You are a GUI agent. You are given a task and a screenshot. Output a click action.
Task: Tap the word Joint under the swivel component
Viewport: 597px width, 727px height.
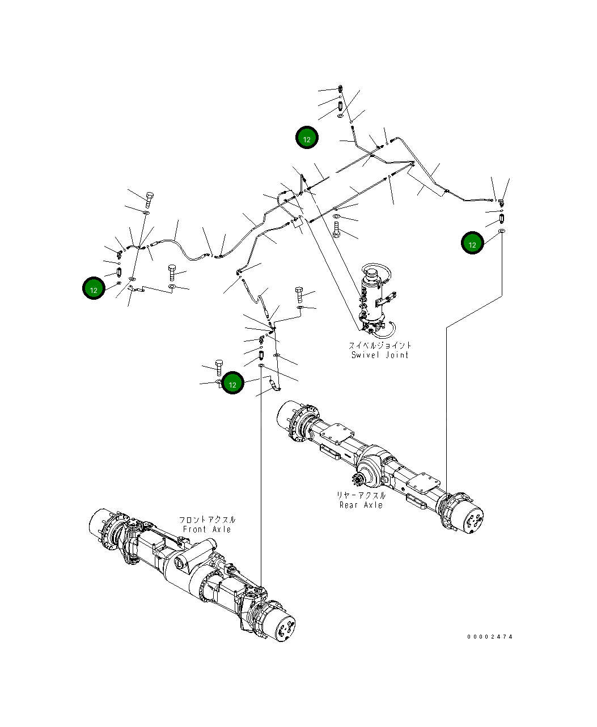click(397, 355)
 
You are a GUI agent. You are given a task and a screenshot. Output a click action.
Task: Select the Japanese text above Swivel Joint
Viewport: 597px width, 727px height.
click(380, 345)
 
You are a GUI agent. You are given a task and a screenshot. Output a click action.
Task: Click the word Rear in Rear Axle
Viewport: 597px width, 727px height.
click(348, 505)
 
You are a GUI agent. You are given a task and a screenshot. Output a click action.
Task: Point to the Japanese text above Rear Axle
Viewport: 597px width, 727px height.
click(361, 495)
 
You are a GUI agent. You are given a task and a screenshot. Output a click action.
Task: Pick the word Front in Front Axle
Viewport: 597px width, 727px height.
click(194, 529)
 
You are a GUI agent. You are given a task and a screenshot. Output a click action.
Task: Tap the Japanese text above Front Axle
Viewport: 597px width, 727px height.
click(207, 520)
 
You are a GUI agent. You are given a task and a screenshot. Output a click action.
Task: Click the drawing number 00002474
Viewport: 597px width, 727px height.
click(490, 637)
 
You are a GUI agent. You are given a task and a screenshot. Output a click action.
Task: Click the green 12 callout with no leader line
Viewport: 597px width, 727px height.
click(307, 138)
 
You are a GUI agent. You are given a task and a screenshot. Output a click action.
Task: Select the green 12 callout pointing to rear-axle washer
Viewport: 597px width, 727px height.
click(472, 243)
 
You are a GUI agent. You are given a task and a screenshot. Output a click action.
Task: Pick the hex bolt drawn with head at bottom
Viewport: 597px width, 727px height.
click(337, 229)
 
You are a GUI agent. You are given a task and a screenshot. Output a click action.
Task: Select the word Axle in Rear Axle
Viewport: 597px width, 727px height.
click(373, 505)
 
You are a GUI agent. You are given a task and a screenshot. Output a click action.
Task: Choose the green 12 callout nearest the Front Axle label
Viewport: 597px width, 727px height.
click(232, 383)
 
